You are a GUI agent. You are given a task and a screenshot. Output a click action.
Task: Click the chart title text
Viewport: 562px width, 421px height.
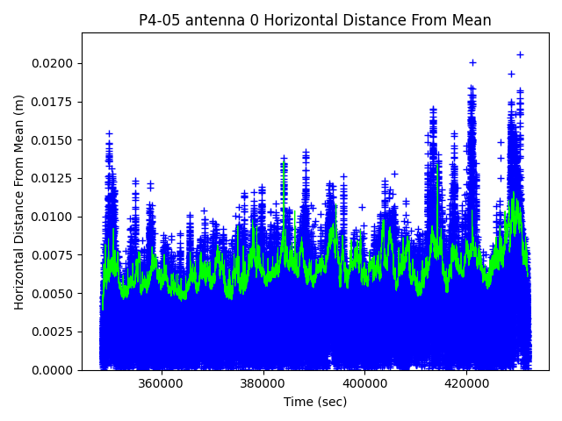pos(315,20)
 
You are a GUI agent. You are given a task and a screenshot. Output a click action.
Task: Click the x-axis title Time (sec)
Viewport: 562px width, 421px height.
pos(315,402)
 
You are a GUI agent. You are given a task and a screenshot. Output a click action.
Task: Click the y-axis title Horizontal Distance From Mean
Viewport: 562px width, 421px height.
pos(19,202)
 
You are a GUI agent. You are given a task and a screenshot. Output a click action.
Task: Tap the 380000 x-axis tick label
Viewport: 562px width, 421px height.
pos(263,383)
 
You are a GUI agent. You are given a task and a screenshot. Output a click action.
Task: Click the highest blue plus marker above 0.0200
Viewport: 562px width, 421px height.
pos(520,54)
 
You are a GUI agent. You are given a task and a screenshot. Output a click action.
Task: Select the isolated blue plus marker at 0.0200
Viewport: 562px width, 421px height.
pos(472,62)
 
